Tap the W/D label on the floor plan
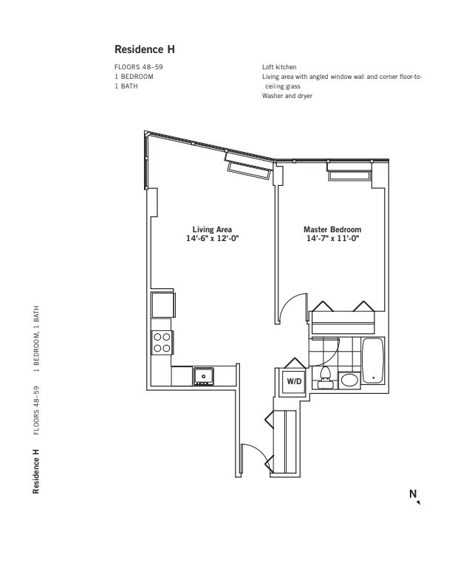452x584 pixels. tap(295, 381)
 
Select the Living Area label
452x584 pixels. tap(213, 229)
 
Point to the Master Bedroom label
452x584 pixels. tap(332, 229)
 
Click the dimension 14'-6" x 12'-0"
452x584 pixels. tap(213, 238)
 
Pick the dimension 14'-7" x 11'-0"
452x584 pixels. tap(332, 238)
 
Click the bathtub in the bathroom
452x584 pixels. tap(373, 361)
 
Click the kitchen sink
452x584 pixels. tap(203, 376)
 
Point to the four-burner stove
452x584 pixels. tap(162, 342)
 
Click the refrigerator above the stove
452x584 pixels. tap(162, 305)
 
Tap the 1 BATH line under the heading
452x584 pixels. tap(126, 86)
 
